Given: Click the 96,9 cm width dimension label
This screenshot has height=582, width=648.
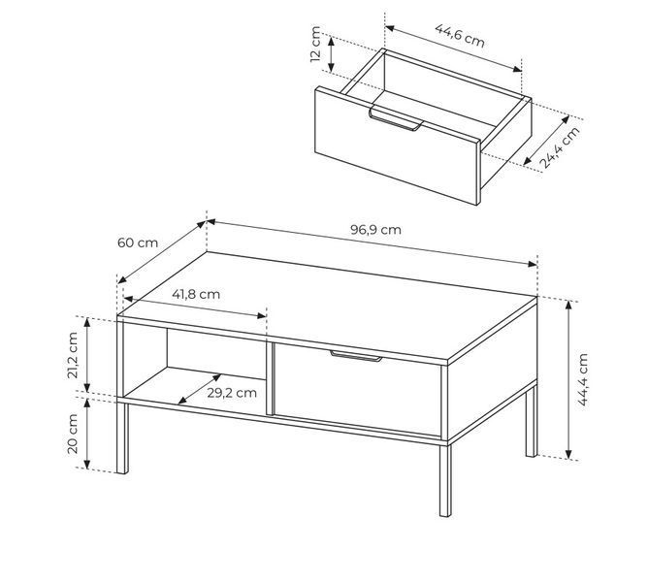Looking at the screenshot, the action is [375, 230].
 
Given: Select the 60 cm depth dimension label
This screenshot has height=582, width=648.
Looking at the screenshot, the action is [138, 242].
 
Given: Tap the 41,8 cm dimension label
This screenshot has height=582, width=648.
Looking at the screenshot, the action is [196, 294].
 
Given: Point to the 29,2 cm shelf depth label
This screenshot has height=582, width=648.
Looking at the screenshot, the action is [232, 393].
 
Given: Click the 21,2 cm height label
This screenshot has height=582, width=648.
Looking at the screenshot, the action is [73, 355].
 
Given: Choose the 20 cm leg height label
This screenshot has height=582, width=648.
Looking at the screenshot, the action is [73, 434].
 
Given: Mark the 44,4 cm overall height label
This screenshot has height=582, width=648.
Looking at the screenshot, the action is [583, 379].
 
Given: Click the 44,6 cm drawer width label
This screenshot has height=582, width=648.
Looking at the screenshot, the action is [460, 36].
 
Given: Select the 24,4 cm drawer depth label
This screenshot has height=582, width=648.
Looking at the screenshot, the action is [560, 147].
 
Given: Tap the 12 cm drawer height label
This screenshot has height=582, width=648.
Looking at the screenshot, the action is [315, 44].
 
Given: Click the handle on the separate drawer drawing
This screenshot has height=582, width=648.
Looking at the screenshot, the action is [396, 118].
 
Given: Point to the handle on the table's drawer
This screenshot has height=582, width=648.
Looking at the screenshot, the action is [356, 356].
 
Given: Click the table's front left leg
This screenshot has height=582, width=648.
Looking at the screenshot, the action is [122, 437].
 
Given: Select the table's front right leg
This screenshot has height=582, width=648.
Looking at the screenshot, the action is [445, 480].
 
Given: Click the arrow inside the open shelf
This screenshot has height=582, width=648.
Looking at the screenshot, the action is [199, 389].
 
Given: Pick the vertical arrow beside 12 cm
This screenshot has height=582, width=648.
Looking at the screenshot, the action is [331, 53].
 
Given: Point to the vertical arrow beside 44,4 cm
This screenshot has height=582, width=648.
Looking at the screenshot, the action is [568, 380].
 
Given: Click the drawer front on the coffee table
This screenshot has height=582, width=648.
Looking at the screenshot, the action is [358, 390].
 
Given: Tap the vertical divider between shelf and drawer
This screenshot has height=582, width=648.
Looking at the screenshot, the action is [270, 378].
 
